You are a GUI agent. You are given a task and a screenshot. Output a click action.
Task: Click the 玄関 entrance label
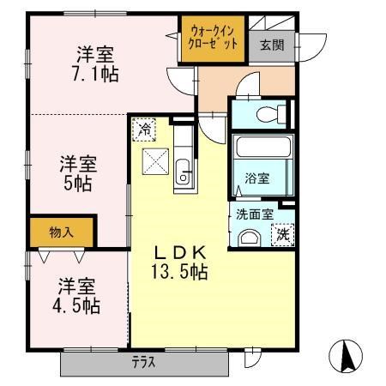[x=273, y=46]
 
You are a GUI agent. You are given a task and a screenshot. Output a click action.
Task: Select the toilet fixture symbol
[x=271, y=112]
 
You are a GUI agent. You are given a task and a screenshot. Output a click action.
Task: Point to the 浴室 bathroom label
[x=257, y=178]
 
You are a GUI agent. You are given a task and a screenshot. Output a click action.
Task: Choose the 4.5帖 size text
[x=76, y=304]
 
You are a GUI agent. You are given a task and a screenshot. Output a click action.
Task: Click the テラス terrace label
[x=143, y=362]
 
